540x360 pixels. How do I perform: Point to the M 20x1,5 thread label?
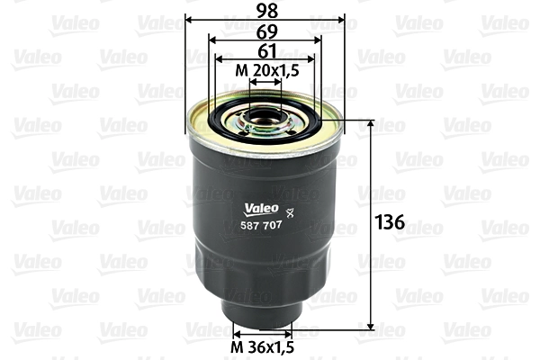click(264, 70)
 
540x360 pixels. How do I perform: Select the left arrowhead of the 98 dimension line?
click(189, 20)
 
